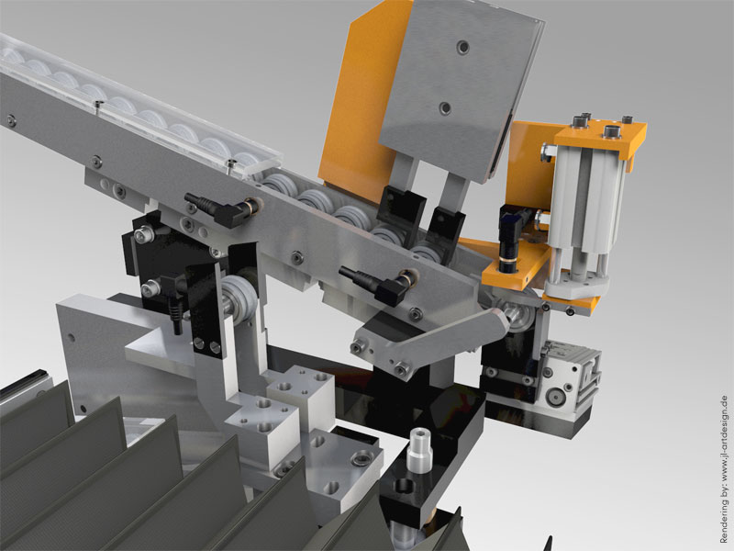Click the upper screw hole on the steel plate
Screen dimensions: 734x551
tap(463, 47)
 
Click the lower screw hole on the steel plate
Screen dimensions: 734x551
tap(445, 108)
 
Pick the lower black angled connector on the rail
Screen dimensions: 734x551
tap(377, 284)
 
